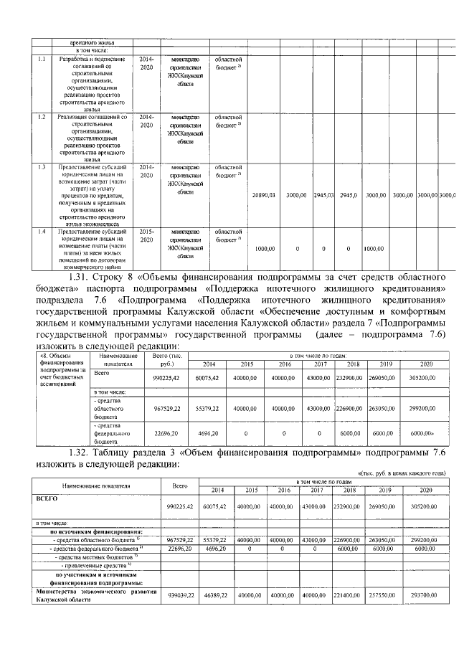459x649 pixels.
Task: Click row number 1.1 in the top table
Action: [42, 58]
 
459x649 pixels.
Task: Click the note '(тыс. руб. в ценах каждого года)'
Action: [402, 473]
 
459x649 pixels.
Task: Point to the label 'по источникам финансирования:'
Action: [95, 532]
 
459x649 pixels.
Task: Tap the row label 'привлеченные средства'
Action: [93, 565]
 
